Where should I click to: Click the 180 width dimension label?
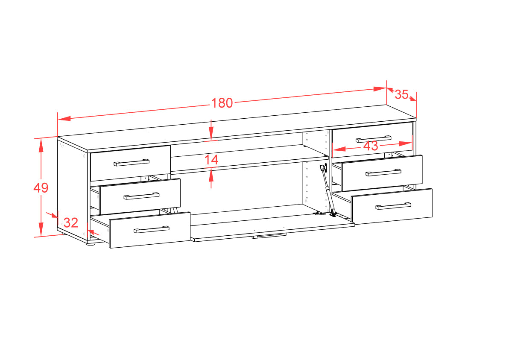pyautogui.click(x=222, y=103)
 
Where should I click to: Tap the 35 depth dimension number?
pyautogui.click(x=401, y=94)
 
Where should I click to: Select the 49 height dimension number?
pyautogui.click(x=41, y=187)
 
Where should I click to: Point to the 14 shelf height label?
pyautogui.click(x=211, y=160)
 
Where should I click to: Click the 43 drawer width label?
pyautogui.click(x=370, y=146)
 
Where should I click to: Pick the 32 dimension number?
pyautogui.click(x=71, y=222)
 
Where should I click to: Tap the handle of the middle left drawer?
pyautogui.click(x=141, y=196)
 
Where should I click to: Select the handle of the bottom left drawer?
pyautogui.click(x=152, y=229)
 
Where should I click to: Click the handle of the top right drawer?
pyautogui.click(x=373, y=139)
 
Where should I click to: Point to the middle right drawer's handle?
pyautogui.click(x=383, y=173)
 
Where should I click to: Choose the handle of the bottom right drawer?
pyautogui.click(x=393, y=206)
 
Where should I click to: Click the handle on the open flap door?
pyautogui.click(x=269, y=235)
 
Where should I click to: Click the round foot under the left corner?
pyautogui.click(x=91, y=242)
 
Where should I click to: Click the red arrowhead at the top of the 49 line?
pyautogui.click(x=41, y=146)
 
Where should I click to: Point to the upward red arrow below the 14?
pyautogui.click(x=211, y=178)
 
